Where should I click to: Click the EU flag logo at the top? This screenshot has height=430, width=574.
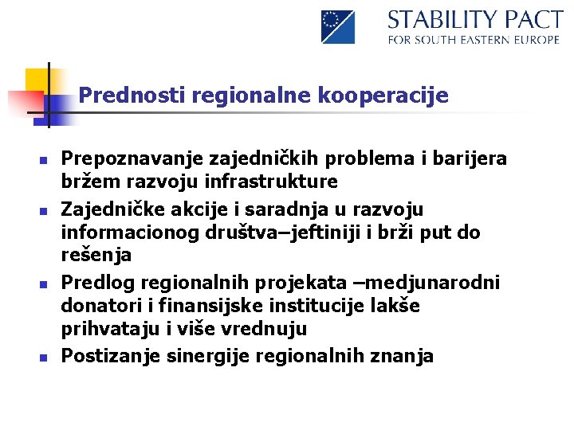tap(338, 26)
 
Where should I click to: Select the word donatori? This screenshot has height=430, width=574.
tap(99, 307)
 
